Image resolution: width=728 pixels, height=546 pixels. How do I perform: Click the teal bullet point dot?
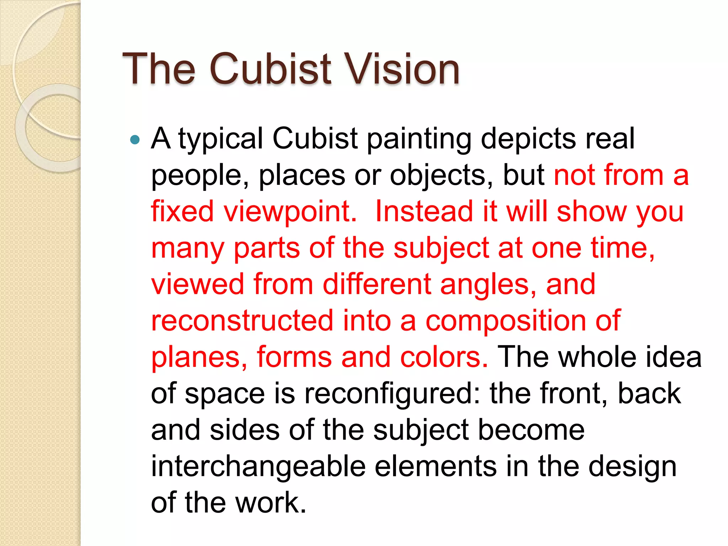click(135, 139)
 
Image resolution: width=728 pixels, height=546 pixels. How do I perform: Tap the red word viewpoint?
click(289, 212)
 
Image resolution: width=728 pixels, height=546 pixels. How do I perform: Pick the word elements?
click(436, 466)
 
